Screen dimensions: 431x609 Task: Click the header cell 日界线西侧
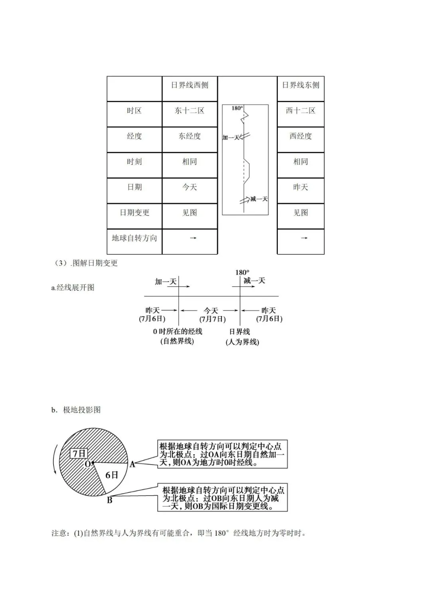point(190,85)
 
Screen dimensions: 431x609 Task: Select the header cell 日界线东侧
point(301,85)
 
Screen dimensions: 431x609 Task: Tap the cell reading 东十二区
point(190,111)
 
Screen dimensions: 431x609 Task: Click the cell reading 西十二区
point(301,111)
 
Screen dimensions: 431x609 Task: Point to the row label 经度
point(134,136)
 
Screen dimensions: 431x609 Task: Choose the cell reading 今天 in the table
point(190,187)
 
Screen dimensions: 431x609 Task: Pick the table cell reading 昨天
point(301,187)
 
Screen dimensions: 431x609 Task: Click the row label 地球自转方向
point(134,238)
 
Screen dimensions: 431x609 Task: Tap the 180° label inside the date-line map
point(237,108)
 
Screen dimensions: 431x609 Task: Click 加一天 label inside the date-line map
point(231,138)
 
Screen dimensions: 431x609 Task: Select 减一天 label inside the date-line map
point(259,199)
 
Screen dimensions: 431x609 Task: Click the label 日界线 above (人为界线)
point(239,331)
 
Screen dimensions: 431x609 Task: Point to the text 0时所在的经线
point(178,331)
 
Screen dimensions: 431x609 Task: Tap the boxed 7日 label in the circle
point(79,453)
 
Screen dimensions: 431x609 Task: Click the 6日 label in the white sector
point(112,475)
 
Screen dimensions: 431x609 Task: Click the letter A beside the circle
point(132,464)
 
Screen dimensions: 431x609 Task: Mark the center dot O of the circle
point(93,463)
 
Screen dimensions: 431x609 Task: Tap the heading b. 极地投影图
point(76,410)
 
